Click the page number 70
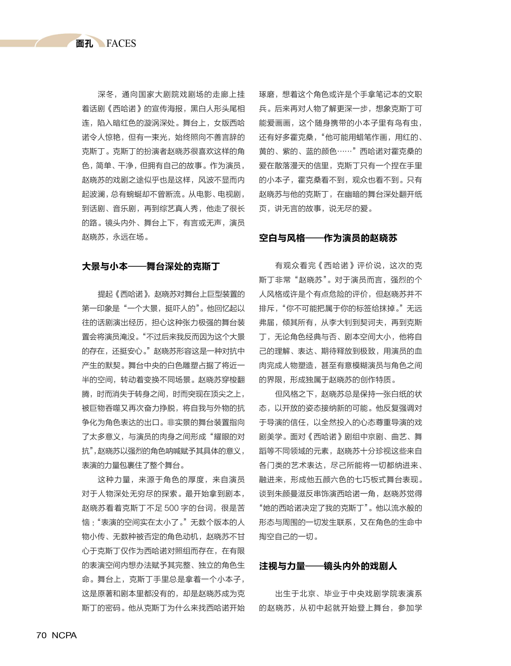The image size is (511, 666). pos(41,635)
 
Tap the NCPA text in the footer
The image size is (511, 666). pos(64,635)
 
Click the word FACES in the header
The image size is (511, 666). pos(121,44)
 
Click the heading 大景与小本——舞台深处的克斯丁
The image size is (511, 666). pos(151,266)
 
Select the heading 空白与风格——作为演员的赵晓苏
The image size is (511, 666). pos(328,238)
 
